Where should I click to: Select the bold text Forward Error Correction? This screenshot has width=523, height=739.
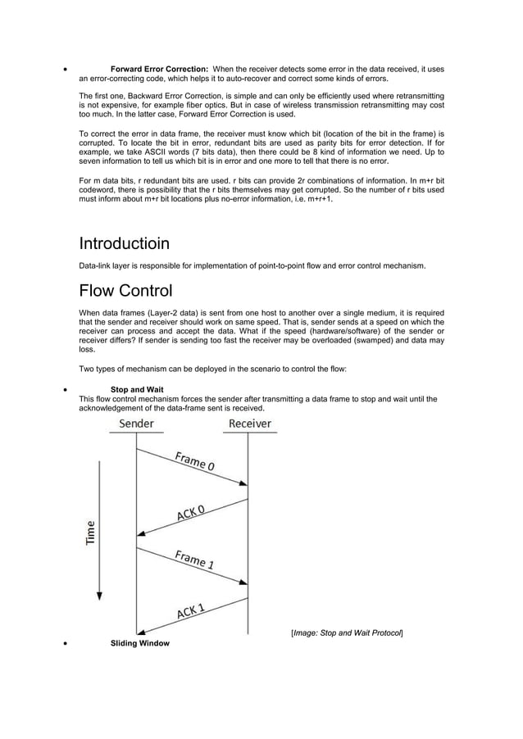pyautogui.click(x=159, y=69)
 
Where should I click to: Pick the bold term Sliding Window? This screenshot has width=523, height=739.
pyautogui.click(x=139, y=643)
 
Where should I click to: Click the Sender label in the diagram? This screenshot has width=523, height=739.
pyautogui.click(x=136, y=424)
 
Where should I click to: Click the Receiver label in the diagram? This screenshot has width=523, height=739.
pyautogui.click(x=250, y=424)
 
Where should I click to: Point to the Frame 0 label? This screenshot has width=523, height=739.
pyautogui.click(x=194, y=461)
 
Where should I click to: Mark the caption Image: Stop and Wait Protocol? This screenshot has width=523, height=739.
pyautogui.click(x=347, y=632)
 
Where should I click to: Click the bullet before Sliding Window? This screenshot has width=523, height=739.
pyautogui.click(x=65, y=644)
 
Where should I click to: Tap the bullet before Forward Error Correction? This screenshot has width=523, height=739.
pyautogui.click(x=65, y=70)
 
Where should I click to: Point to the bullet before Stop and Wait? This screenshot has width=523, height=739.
pyautogui.click(x=65, y=390)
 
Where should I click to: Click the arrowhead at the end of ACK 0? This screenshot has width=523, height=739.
pyautogui.click(x=140, y=533)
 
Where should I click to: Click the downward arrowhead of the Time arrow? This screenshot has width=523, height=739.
pyautogui.click(x=99, y=598)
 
